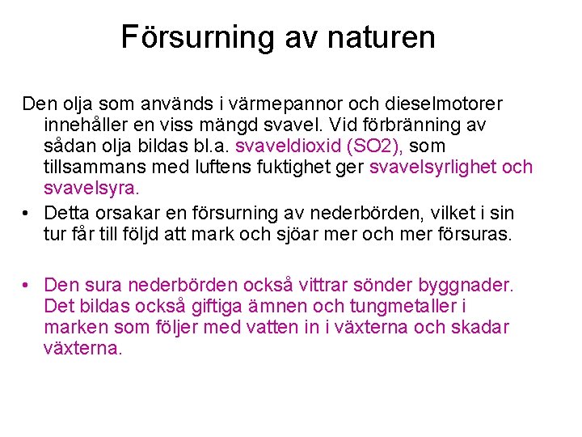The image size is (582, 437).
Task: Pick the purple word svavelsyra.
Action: (91, 189)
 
